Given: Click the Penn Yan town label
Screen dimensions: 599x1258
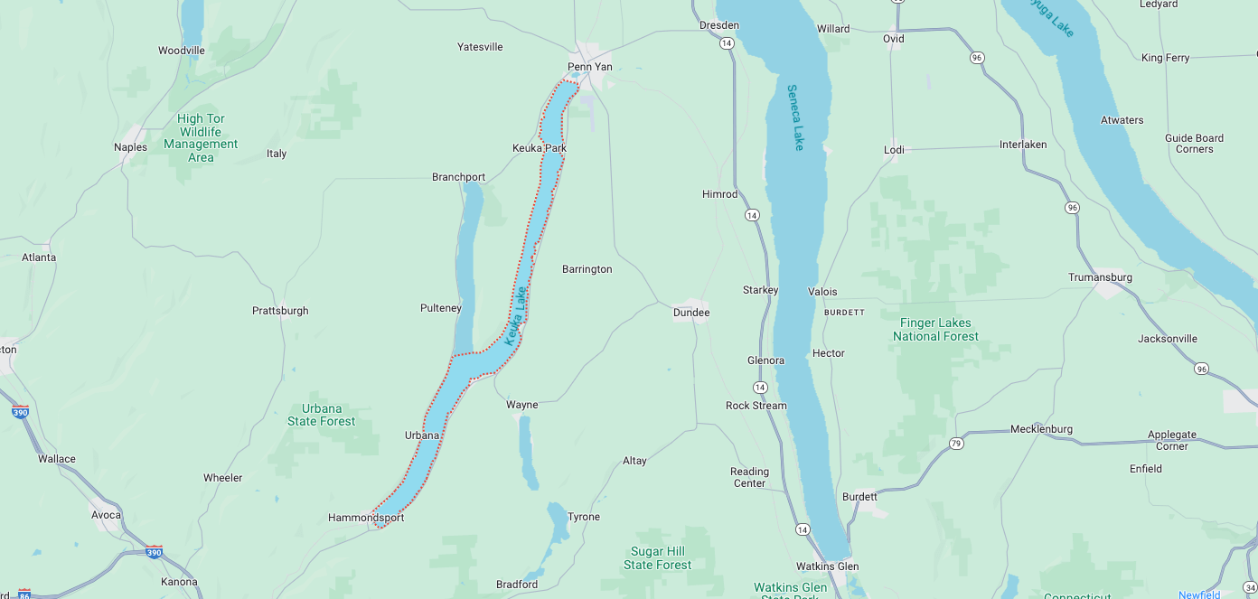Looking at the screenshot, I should pos(589,67).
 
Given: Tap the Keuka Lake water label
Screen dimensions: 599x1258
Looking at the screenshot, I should pos(515,316).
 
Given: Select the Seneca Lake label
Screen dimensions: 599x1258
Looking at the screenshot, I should pos(794,117).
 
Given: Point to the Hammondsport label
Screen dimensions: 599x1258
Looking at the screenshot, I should pos(366,518).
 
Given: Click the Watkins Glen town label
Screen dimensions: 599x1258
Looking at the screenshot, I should pos(827,566).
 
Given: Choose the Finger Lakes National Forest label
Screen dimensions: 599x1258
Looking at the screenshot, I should pos(935,330).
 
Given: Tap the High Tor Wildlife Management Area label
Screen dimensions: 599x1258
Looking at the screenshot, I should pos(201,138).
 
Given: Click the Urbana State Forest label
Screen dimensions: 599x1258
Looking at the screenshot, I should pos(321,415).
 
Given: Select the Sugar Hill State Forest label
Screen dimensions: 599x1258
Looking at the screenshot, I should pos(657,558).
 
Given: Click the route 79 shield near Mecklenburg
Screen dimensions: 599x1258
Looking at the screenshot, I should pos(956,443).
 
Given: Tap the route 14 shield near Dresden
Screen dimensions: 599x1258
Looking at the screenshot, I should pos(727,42).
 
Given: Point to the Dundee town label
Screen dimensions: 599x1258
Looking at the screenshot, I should pos(691,313).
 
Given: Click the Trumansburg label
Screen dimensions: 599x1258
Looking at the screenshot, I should pos(1100,277).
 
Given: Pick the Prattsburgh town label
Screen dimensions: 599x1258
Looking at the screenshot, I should pos(280,311).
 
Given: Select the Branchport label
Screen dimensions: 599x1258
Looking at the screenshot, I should pos(458,177).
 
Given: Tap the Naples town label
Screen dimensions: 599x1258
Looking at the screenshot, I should pos(130,147).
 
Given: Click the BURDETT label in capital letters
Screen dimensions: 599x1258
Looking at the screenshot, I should pos(844,313).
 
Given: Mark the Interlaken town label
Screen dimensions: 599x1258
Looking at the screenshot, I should pos(1023,145).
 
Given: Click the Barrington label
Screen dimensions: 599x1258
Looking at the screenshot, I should pos(587,269).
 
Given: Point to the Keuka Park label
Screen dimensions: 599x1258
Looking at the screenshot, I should pos(540,148).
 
